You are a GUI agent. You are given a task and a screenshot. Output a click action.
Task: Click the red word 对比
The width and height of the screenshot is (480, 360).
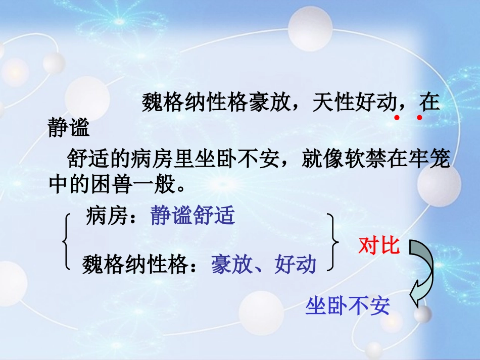coord(379,246)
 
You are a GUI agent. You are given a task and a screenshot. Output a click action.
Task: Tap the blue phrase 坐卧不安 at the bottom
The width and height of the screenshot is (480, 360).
coord(348,306)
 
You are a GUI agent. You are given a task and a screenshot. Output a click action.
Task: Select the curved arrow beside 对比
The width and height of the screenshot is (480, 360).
coord(421,273)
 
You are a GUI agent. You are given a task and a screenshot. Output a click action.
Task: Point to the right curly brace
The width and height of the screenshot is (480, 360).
coord(332,241)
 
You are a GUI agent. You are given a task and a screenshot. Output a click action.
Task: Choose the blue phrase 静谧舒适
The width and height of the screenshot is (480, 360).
coord(193,216)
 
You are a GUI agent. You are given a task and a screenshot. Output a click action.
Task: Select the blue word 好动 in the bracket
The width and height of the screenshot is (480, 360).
coord(296,265)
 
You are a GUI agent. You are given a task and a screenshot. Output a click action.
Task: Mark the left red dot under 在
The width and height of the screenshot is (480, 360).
coord(397,118)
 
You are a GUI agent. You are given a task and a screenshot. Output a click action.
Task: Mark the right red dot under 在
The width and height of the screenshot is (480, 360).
coord(419,118)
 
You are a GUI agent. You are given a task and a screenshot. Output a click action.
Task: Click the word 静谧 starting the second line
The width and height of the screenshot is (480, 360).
coord(69,128)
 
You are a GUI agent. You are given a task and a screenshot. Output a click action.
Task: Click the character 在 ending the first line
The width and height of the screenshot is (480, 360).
coord(429,103)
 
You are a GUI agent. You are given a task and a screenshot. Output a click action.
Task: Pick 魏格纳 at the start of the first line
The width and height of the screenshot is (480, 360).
coord(173,103)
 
